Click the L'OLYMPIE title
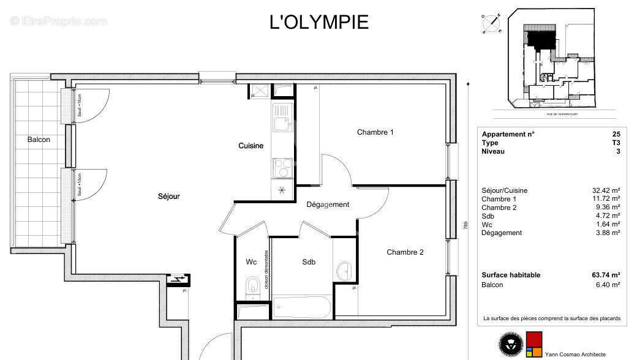click(x=318, y=22)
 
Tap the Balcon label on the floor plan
click(x=39, y=140)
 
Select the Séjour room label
click(x=169, y=197)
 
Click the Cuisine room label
click(x=251, y=146)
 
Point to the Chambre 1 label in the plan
click(x=375, y=132)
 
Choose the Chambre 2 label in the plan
click(x=405, y=252)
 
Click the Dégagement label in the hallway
click(x=328, y=204)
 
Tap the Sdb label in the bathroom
click(x=309, y=262)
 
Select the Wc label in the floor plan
click(x=251, y=262)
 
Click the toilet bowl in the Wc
click(x=252, y=287)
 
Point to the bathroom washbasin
click(x=344, y=269)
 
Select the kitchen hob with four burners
click(x=282, y=167)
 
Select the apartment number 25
click(x=616, y=134)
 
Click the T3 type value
click(x=616, y=143)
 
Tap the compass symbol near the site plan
click(x=492, y=23)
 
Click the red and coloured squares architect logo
click(x=534, y=345)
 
